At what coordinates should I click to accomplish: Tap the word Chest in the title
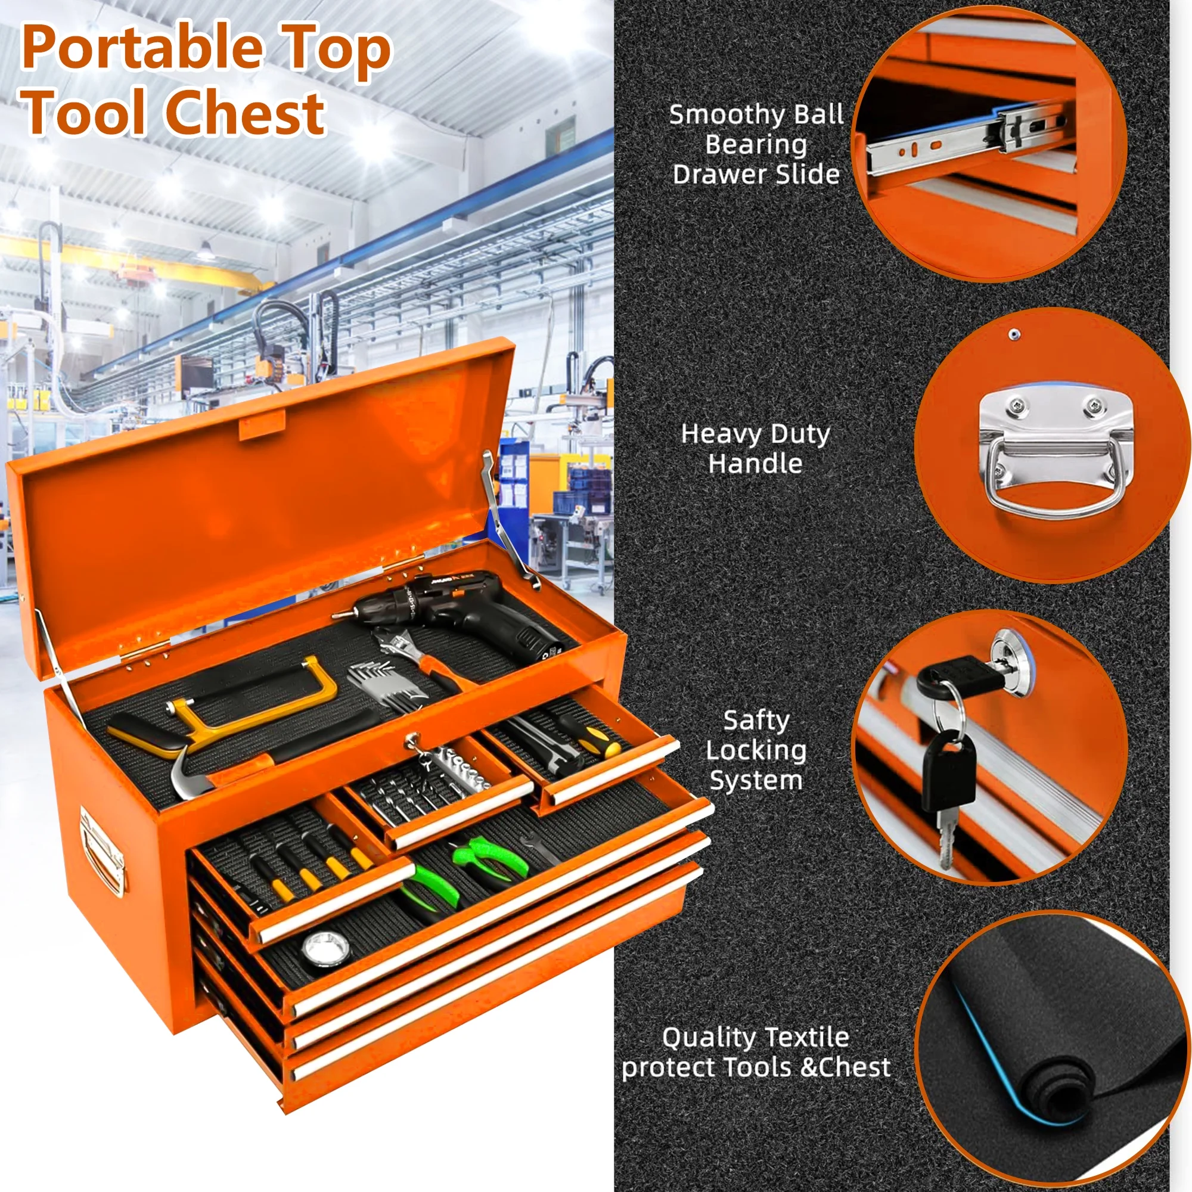(x=244, y=112)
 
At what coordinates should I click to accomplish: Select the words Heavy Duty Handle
(x=755, y=449)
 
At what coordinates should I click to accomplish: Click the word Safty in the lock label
(x=756, y=720)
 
